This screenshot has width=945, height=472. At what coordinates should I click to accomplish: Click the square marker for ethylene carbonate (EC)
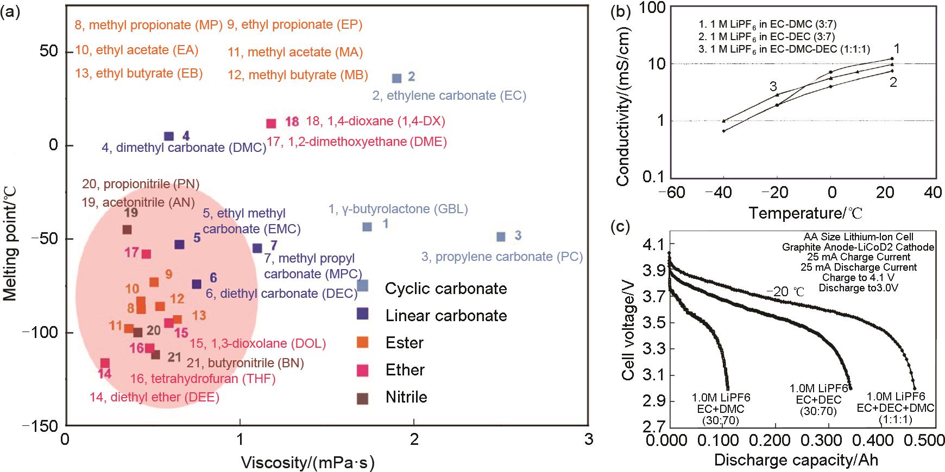pos(397,78)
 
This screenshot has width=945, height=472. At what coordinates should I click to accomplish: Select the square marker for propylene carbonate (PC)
pos(501,237)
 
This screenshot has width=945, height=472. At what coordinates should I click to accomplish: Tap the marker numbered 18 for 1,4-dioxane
pos(272,123)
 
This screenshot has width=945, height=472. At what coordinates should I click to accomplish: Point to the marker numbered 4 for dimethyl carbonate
pos(169,136)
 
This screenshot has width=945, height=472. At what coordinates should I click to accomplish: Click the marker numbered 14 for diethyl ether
pos(105,363)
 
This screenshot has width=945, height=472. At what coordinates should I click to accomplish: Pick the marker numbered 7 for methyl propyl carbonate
pos(257,248)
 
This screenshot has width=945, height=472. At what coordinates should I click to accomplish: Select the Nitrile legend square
pos(362,398)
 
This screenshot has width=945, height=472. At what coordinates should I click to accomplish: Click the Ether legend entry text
pos(405,370)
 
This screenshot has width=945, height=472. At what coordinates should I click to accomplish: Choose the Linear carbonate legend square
pos(362,314)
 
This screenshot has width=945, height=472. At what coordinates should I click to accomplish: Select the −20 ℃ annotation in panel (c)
pos(785,291)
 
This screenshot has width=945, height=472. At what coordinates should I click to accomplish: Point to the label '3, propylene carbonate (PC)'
pos(502,257)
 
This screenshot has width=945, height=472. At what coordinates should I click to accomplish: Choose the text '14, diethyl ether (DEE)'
pos(154,397)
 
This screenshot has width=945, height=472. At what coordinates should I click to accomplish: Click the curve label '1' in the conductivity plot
pos(897,48)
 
